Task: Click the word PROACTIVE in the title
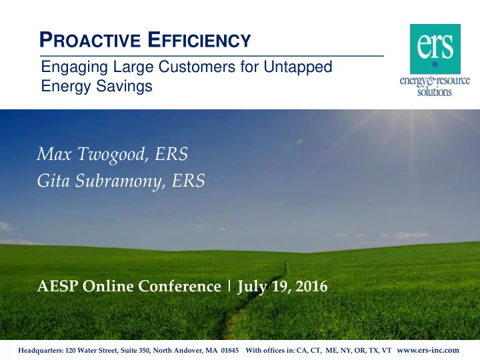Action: [90, 40]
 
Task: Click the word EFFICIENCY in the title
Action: [199, 40]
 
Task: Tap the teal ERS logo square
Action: [435, 49]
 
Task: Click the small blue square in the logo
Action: [435, 64]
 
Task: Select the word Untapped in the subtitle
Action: [298, 67]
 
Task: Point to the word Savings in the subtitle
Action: [124, 86]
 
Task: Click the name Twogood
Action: [112, 154]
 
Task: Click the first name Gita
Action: [53, 181]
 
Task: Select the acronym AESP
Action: [57, 286]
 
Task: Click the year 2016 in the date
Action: [312, 286]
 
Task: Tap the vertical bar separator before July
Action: [229, 286]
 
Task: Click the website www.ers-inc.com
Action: [428, 350]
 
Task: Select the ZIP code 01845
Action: [230, 350]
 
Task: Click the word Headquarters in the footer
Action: [41, 351]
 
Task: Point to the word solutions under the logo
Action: [435, 91]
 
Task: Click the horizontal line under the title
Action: [212, 56]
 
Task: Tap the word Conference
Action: [180, 286]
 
